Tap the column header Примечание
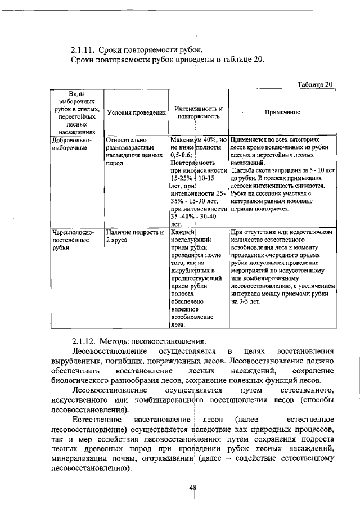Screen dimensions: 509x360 click(282, 112)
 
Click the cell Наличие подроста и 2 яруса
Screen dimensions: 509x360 click(134, 235)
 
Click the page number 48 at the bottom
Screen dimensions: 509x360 click(192, 488)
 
